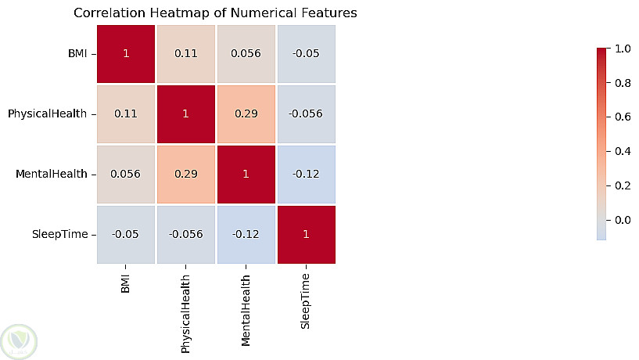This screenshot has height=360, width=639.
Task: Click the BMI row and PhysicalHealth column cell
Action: coord(186,54)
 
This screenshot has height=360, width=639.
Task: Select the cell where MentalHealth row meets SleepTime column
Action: coord(307,174)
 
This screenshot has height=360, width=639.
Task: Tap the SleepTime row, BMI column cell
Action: coord(126,235)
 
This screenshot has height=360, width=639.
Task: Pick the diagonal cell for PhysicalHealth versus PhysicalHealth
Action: coord(186,114)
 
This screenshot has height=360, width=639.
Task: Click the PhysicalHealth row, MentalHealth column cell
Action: coord(246,114)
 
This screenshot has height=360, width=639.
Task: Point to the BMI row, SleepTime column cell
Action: coord(307,54)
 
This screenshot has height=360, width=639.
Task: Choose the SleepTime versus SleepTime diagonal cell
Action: coord(307,235)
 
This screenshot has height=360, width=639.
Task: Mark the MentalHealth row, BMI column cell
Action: coord(126,174)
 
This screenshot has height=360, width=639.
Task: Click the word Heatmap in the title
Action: coord(180,13)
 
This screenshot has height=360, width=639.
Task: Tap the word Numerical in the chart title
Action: coord(264,13)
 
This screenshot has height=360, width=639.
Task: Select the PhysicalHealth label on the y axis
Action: coord(47,113)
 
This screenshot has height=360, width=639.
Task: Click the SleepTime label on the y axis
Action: coord(60,235)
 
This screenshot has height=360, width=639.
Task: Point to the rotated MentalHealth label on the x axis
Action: coord(246,310)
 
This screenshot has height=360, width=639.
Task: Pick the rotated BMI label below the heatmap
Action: coord(125,284)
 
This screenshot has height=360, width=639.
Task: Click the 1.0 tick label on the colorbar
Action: coord(623,49)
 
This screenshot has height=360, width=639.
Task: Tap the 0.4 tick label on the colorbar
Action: coord(623,151)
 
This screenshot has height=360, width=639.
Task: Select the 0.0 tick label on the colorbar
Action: coord(623,220)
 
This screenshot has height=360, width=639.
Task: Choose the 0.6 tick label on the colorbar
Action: coord(623,117)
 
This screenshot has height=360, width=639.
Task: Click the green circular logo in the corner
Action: coord(19,342)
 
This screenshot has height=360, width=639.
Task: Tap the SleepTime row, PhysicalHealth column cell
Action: coord(186,235)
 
